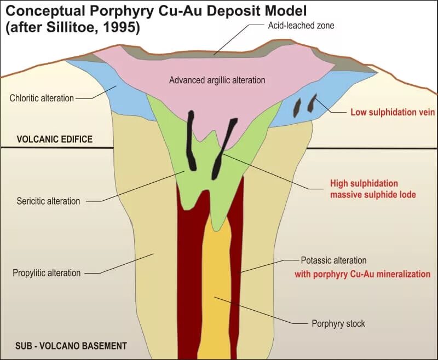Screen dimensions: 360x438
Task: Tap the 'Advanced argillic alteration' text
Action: tap(217, 80)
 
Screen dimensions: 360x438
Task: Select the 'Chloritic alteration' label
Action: tap(42, 98)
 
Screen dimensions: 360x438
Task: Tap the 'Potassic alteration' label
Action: tap(333, 260)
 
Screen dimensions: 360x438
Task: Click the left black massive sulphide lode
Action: tap(193, 140)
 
